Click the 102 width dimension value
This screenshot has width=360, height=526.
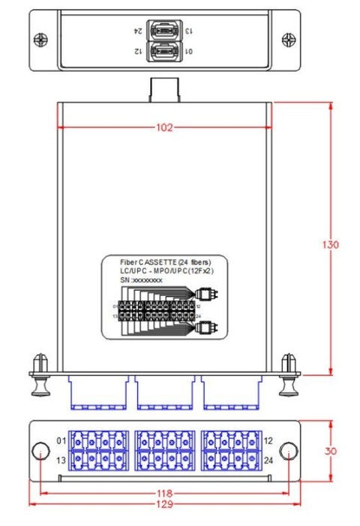(163, 128)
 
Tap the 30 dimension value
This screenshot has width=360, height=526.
(331, 452)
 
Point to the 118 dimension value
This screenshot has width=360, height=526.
(163, 494)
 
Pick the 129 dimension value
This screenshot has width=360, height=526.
(163, 504)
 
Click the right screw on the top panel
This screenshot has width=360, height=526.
(288, 39)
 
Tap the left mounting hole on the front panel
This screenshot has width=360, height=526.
(40, 451)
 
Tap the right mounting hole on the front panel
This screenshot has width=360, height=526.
(287, 451)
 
